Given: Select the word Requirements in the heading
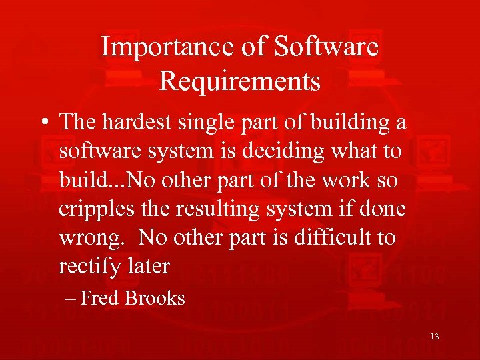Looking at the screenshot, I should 240,81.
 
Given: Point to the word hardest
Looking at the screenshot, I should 143,123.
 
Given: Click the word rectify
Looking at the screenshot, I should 85,267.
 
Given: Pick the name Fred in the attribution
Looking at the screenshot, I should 99,298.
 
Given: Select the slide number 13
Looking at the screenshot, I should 434,337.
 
